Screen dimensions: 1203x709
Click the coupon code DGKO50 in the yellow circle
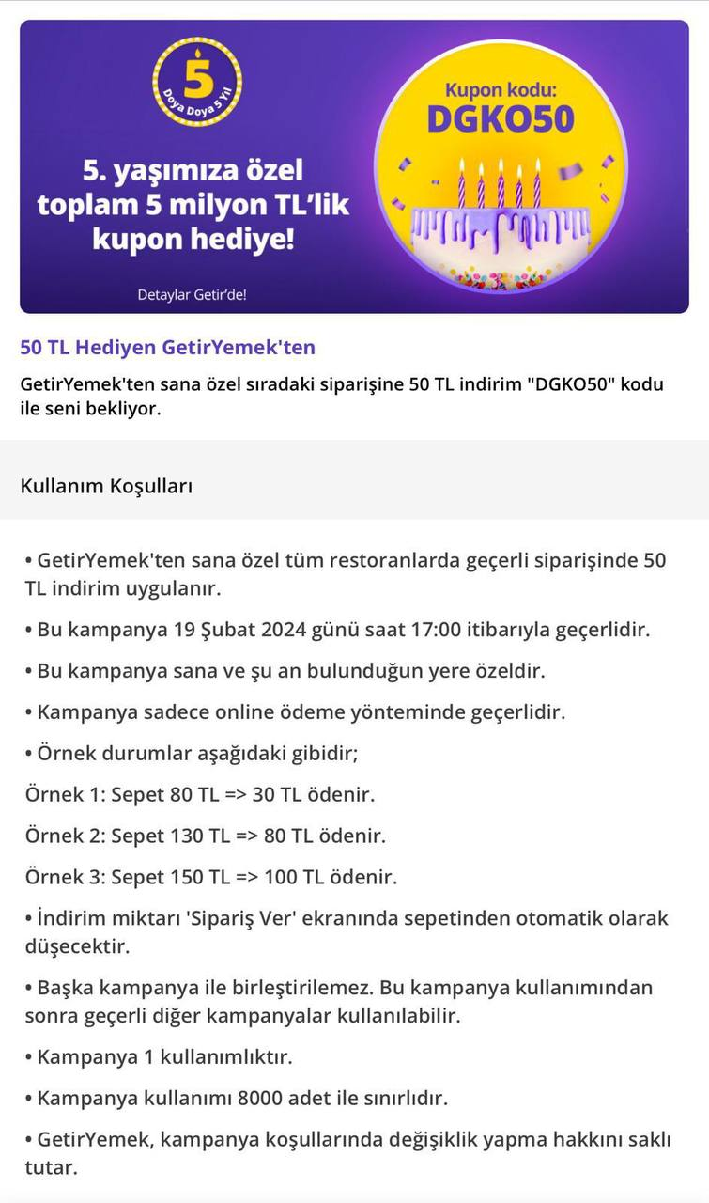[x=501, y=119]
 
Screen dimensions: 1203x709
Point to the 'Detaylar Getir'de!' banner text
[x=192, y=294]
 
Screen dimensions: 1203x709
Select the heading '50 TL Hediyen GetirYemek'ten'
[x=167, y=348]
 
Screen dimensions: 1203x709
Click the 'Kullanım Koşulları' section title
[x=106, y=486]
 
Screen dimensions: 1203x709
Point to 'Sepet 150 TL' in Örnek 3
[x=170, y=878]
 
